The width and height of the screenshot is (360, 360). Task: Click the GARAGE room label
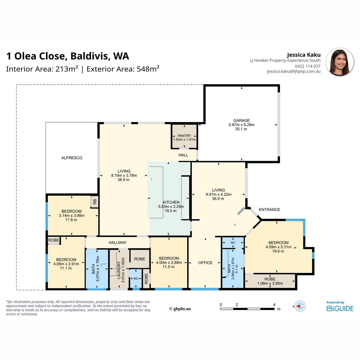[241, 121]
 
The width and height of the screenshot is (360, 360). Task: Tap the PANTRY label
[184, 136]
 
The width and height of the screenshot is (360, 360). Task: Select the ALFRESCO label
[72, 158]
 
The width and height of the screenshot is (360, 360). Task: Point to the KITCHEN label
[171, 202]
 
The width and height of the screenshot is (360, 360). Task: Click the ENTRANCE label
[269, 210]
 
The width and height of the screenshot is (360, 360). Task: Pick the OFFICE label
[205, 263]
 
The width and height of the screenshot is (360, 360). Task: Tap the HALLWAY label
[118, 242]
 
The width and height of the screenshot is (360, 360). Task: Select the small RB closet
[95, 202]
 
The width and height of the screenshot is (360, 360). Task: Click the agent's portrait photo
[340, 62]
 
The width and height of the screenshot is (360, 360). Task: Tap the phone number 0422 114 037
[308, 66]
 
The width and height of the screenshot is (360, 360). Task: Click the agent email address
[294, 71]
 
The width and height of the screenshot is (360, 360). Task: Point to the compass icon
[300, 306]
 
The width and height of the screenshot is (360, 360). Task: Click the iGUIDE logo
[340, 308]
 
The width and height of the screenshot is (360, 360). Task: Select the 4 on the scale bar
[274, 305]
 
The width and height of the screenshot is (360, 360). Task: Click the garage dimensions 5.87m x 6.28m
[241, 125]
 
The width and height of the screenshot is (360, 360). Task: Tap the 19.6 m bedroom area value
[278, 251]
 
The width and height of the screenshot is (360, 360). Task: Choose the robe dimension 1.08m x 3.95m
[270, 283]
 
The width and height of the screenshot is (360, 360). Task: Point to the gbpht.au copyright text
[180, 309]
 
